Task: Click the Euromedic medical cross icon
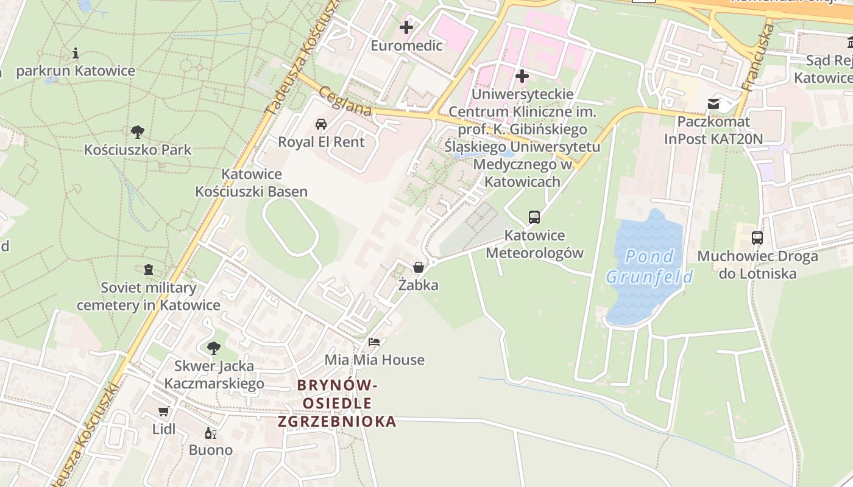(406, 27)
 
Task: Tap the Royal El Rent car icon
(321, 124)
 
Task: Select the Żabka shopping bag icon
(419, 267)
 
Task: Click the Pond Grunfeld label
(649, 267)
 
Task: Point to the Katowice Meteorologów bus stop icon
(534, 217)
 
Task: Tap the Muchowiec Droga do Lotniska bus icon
(757, 238)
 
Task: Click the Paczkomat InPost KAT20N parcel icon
(713, 104)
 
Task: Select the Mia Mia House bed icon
(374, 342)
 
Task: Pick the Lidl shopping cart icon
(163, 411)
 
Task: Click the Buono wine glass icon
(211, 433)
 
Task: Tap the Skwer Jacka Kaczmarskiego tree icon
(213, 348)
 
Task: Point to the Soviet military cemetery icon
(148, 269)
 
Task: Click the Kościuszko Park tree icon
(138, 131)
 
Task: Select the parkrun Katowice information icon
(76, 53)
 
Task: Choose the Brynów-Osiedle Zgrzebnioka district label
(337, 403)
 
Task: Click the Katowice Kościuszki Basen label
(251, 183)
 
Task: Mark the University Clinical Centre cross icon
(522, 76)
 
